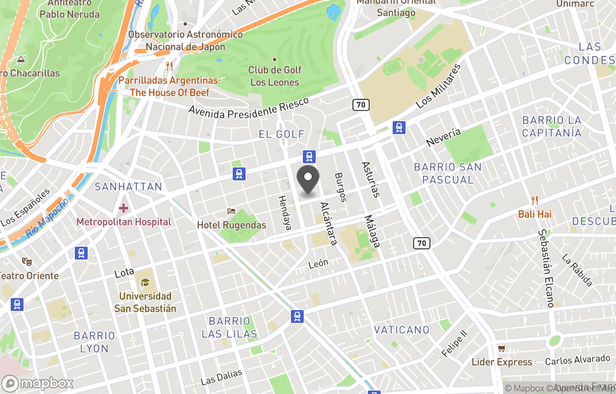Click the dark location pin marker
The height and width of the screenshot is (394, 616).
coord(308,182)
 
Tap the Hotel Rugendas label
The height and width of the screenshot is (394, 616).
coord(232,225)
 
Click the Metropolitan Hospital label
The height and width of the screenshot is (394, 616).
coord(124,222)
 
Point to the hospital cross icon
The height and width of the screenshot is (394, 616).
coord(124,208)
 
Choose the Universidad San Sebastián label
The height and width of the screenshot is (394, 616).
coord(145,303)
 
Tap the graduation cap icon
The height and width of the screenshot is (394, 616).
coord(145,283)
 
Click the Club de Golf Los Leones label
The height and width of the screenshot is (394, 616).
coord(275,76)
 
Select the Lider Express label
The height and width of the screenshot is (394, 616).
coord(502,362)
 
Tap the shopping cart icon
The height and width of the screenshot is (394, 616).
coord(502,348)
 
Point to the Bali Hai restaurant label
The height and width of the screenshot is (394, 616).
coord(534,214)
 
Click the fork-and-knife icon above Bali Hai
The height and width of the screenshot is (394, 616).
coord(534,200)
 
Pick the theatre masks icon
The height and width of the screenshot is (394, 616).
coord(26,262)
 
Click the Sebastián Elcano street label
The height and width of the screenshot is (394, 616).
coord(546,268)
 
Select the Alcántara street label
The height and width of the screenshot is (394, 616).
coord(329,223)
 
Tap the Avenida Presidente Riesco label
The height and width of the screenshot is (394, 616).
coord(249,108)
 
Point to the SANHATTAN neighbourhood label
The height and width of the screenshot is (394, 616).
coord(128,187)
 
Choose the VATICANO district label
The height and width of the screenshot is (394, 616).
coord(402,330)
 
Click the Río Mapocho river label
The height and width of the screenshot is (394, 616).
coord(47,218)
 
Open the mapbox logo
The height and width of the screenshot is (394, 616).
coord(38,383)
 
